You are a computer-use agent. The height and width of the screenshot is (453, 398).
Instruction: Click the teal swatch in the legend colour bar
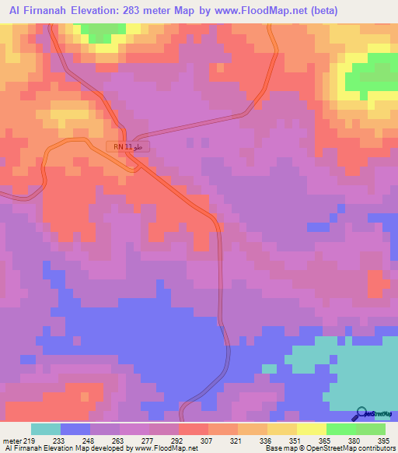(x=46, y=429)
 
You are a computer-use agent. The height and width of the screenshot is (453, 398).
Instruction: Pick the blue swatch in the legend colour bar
(x=75, y=429)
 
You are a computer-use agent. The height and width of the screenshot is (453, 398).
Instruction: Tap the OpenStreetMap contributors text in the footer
(x=343, y=448)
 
